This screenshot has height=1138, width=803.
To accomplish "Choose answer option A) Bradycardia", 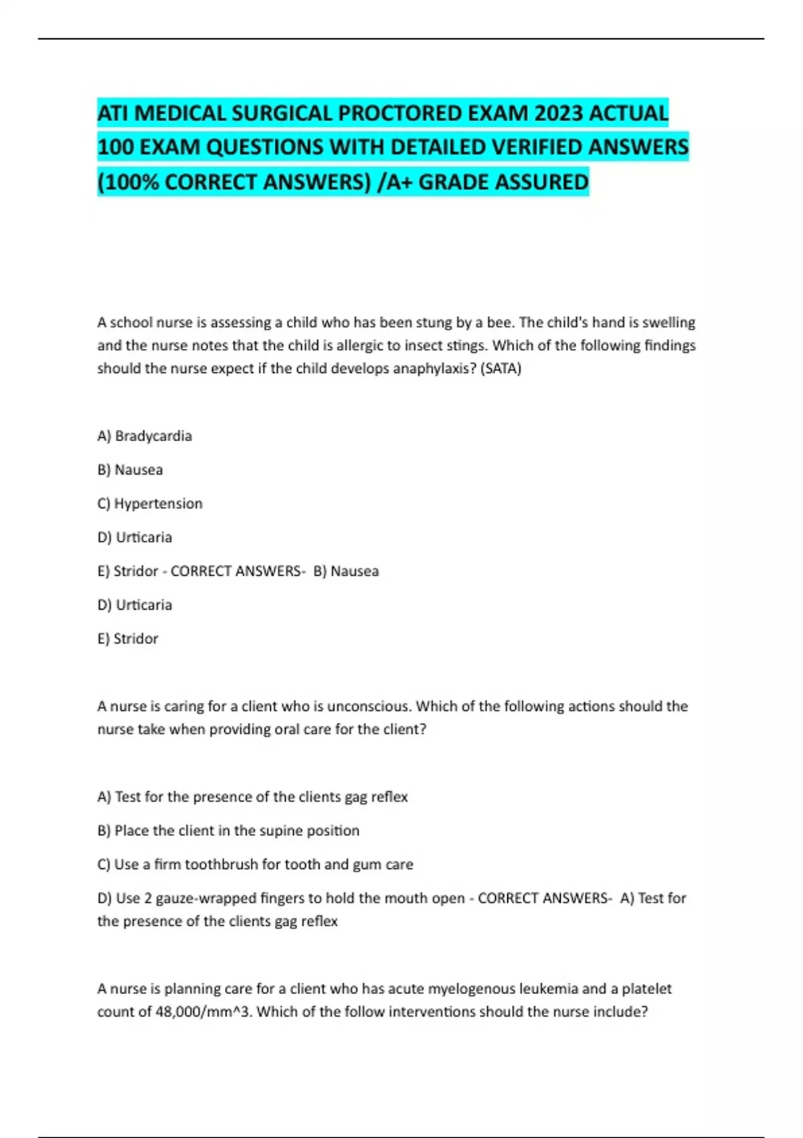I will point(145,436).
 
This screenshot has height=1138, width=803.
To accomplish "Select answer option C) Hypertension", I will point(150,503).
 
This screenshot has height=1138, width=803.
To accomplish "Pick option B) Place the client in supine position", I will point(228,831).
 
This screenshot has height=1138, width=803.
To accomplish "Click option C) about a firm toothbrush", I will point(255,864).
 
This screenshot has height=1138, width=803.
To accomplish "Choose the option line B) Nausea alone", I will point(130,470).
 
